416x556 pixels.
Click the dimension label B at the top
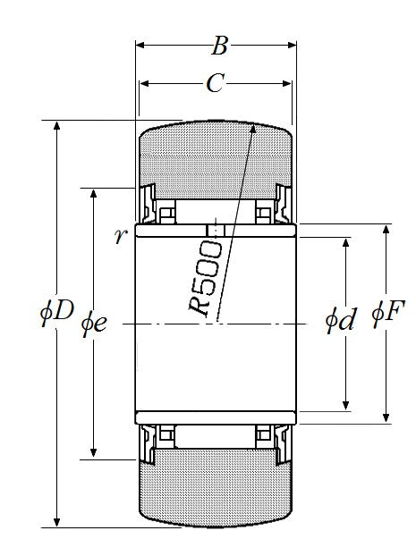coord(219,46)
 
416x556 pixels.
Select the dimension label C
coord(215,83)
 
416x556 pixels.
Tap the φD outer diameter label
coord(56,312)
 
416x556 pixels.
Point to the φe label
coord(94,324)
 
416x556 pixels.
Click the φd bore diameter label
coord(340,319)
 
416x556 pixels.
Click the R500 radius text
coord(206,277)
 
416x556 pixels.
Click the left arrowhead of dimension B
coord(140,45)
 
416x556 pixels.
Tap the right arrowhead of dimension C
coord(287,84)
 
